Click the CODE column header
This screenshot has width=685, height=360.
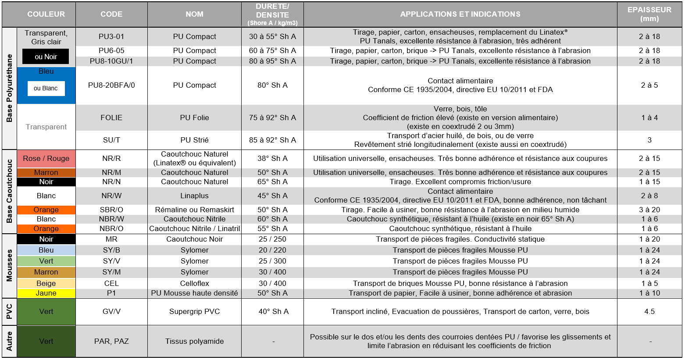pyautogui.click(x=111, y=14)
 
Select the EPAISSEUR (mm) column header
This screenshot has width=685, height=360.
pyautogui.click(x=649, y=14)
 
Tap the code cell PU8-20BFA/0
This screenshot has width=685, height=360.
pyautogui.click(x=111, y=85)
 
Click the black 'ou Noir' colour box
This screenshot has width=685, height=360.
pyautogui.click(x=46, y=57)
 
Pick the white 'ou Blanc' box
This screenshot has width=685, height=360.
pyautogui.click(x=46, y=88)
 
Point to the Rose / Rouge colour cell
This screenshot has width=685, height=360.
pyautogui.click(x=46, y=158)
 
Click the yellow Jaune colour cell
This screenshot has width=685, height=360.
pyautogui.click(x=46, y=293)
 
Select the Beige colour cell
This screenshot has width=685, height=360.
pyautogui.click(x=46, y=283)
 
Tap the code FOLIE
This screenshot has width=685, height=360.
pyautogui.click(x=111, y=118)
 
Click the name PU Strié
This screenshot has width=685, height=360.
pyautogui.click(x=194, y=140)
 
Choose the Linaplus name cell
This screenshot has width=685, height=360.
pyautogui.click(x=194, y=196)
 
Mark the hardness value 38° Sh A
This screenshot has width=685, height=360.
pyautogui.click(x=272, y=158)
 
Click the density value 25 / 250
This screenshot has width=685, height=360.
pyautogui.click(x=272, y=239)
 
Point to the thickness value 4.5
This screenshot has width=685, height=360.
pyautogui.click(x=649, y=311)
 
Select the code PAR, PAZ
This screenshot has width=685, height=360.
pyautogui.click(x=111, y=341)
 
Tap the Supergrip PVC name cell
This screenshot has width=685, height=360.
pyautogui.click(x=194, y=311)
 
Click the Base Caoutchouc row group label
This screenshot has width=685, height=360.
pyautogui.click(x=9, y=191)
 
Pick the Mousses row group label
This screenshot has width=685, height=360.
pyautogui.click(x=9, y=266)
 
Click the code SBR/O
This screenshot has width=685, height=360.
pyautogui.click(x=111, y=210)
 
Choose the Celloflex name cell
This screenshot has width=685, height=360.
pyautogui.click(x=194, y=283)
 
